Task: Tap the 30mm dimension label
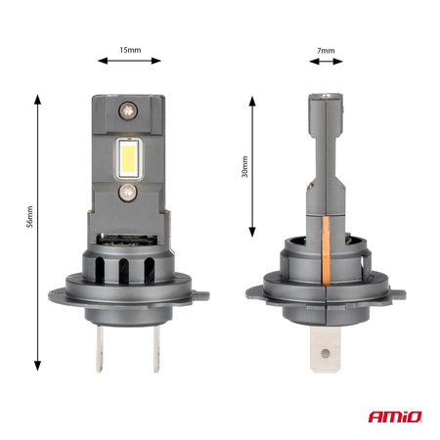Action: pyautogui.click(x=245, y=167)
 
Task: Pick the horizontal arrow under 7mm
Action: pyautogui.click(x=325, y=62)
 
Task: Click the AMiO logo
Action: pyautogui.click(x=397, y=418)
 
